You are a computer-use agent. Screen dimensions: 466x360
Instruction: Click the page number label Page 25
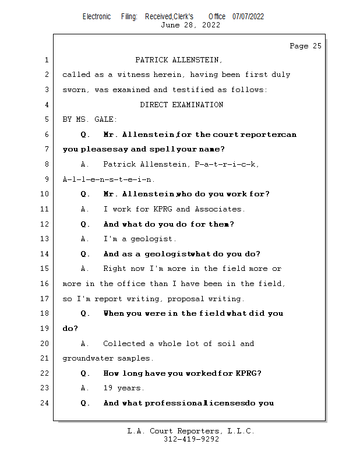click(305, 46)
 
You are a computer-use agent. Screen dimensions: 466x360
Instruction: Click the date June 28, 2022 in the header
click(190, 25)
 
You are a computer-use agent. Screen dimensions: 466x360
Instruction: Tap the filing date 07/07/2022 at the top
click(248, 16)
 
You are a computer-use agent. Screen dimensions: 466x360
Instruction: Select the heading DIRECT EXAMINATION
click(181, 105)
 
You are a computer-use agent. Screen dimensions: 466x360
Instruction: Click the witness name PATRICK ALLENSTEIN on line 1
click(178, 60)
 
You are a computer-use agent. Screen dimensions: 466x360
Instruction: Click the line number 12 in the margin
click(45, 224)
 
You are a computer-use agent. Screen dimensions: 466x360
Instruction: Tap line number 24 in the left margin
click(45, 403)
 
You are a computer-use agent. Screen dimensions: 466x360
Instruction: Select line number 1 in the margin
click(45, 60)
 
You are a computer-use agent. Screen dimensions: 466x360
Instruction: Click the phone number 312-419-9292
click(191, 439)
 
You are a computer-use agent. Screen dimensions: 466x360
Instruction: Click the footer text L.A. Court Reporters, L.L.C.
click(191, 431)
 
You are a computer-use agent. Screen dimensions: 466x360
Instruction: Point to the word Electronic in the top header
click(97, 16)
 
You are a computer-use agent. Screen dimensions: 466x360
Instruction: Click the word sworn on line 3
click(74, 90)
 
